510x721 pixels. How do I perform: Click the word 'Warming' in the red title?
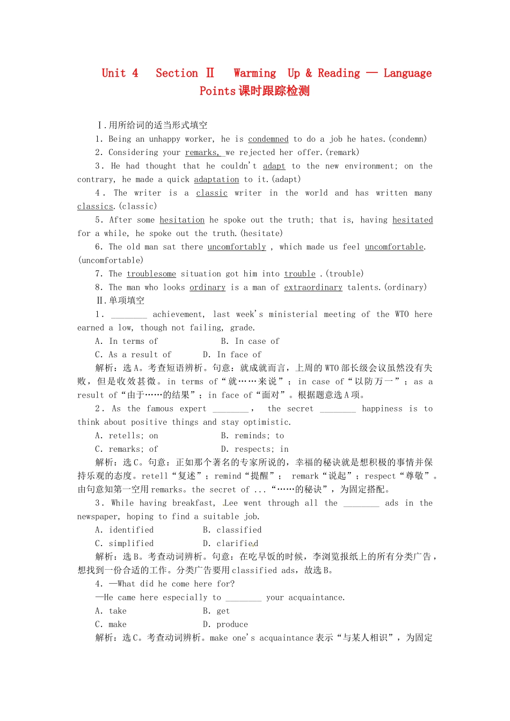click(x=254, y=73)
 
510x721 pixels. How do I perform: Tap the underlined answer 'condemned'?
click(x=268, y=139)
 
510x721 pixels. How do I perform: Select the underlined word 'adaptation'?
click(x=216, y=179)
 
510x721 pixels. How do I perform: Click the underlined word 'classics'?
click(x=95, y=206)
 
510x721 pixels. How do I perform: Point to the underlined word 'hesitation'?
click(x=182, y=220)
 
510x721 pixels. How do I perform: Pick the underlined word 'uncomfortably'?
click(x=237, y=247)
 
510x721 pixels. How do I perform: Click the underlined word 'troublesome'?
click(x=151, y=274)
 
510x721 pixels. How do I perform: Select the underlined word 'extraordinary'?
click(x=313, y=287)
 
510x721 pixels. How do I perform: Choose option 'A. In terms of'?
click(x=127, y=341)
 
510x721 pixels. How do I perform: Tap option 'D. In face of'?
click(x=232, y=355)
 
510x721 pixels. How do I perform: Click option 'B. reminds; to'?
click(x=252, y=436)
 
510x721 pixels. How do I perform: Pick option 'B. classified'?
click(x=232, y=530)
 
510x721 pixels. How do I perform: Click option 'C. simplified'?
click(x=125, y=543)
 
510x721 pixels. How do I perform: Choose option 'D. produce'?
click(x=225, y=624)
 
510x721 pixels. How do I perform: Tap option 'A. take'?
click(x=111, y=611)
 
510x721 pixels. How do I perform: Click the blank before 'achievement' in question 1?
click(x=129, y=315)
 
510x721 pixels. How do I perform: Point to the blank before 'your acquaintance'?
click(x=243, y=598)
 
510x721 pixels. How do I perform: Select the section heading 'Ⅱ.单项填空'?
click(x=120, y=300)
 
